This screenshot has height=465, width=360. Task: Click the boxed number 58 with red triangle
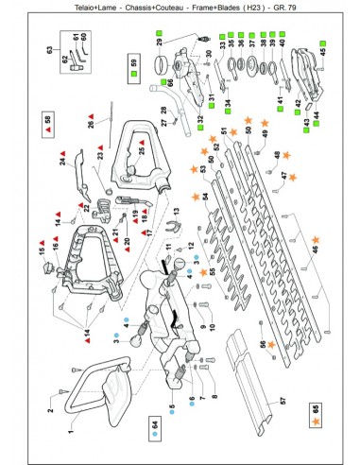coord(48,120)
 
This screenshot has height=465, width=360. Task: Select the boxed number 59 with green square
coord(132,65)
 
